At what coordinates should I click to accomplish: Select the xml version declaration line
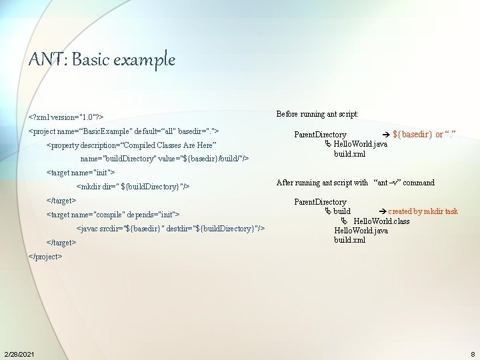(x=65, y=116)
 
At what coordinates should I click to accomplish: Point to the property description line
(x=131, y=145)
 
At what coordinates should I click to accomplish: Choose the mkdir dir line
(x=133, y=187)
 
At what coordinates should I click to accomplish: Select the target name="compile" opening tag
(x=113, y=214)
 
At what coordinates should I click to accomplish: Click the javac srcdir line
(x=171, y=229)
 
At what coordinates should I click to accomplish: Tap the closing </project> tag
(x=45, y=256)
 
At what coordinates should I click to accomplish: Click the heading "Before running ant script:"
(x=317, y=114)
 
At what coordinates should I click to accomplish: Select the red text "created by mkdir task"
(x=423, y=211)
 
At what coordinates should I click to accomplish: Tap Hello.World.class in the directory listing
(x=381, y=221)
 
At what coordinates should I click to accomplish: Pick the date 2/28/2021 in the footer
(x=19, y=353)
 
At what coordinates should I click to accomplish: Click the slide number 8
(x=472, y=353)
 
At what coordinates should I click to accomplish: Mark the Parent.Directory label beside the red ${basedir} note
(x=320, y=135)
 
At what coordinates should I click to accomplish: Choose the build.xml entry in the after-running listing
(x=349, y=240)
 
